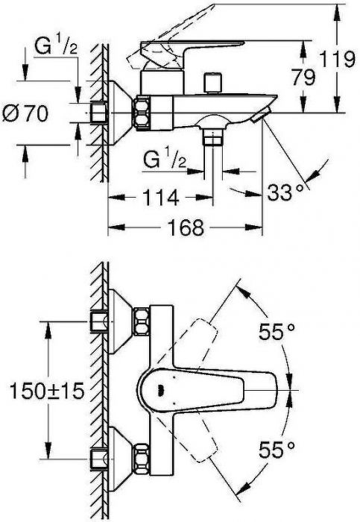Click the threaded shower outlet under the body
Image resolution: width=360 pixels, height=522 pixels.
click(215, 136)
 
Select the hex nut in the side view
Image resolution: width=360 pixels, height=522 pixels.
click(142, 112)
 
